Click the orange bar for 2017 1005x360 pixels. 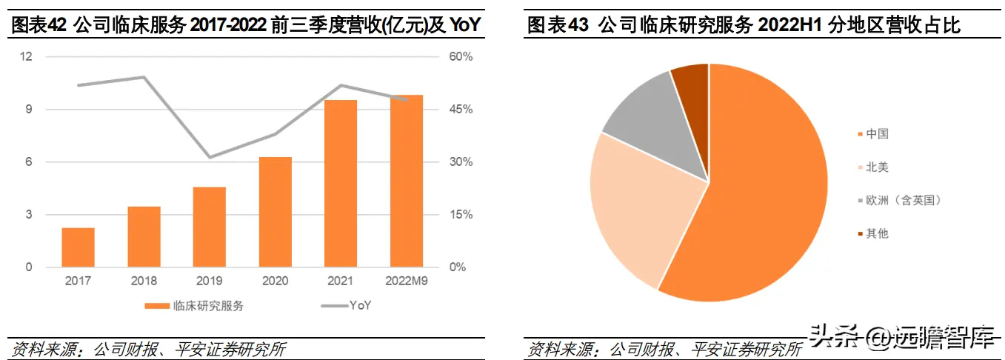click(78, 247)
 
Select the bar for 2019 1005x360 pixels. click(210, 227)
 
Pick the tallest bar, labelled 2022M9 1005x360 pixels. click(407, 181)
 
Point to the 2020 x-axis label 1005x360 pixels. click(276, 281)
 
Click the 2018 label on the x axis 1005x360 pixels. click(144, 281)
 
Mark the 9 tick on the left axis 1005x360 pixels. click(29, 109)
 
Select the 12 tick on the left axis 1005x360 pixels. click(27, 57)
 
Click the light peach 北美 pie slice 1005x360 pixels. click(637, 207)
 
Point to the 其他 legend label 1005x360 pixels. click(877, 233)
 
